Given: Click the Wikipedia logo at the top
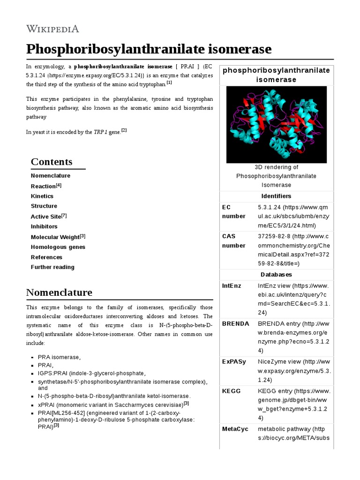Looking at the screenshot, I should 52,29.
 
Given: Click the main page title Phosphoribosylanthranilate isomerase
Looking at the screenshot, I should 149,49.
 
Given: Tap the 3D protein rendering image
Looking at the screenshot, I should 276,124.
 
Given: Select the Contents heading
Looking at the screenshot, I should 52,162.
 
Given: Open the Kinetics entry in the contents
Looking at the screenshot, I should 42,196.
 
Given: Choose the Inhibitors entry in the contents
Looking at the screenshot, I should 44,226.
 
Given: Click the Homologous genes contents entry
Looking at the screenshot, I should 58,247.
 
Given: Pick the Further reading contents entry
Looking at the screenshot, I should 52,267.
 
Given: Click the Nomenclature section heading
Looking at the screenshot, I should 59,292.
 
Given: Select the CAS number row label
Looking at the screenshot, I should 233,241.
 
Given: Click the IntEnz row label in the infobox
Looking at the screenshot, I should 232,285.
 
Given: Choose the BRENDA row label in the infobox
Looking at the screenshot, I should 235,323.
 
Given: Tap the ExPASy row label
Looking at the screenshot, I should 234,362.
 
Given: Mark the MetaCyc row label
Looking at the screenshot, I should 235,429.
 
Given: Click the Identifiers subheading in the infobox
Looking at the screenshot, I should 276,196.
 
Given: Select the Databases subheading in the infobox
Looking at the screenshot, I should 276,274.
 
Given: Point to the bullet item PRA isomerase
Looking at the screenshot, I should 59,357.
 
